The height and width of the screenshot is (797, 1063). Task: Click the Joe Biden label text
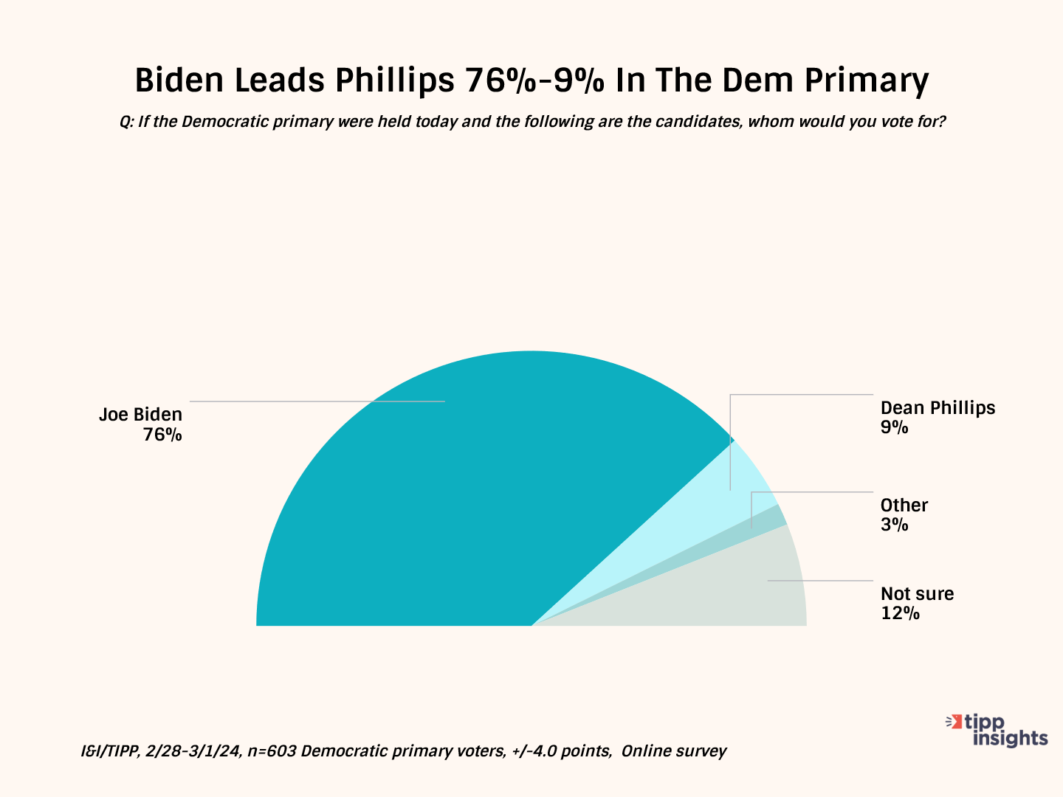click(x=140, y=415)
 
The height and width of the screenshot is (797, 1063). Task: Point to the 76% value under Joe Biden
click(x=162, y=435)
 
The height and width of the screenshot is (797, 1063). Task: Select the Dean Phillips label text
click(x=938, y=408)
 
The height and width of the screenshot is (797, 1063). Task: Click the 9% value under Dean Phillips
click(x=894, y=427)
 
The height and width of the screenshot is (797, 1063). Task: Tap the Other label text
click(x=904, y=506)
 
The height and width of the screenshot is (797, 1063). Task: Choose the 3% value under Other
click(x=894, y=525)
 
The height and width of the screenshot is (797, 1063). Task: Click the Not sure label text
click(x=917, y=594)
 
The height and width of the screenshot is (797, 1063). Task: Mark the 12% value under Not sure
click(x=900, y=613)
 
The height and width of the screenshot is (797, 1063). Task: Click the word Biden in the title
click(x=179, y=80)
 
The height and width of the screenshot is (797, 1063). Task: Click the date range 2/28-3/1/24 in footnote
click(x=193, y=751)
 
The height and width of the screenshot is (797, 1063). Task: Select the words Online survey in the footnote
click(x=673, y=751)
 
